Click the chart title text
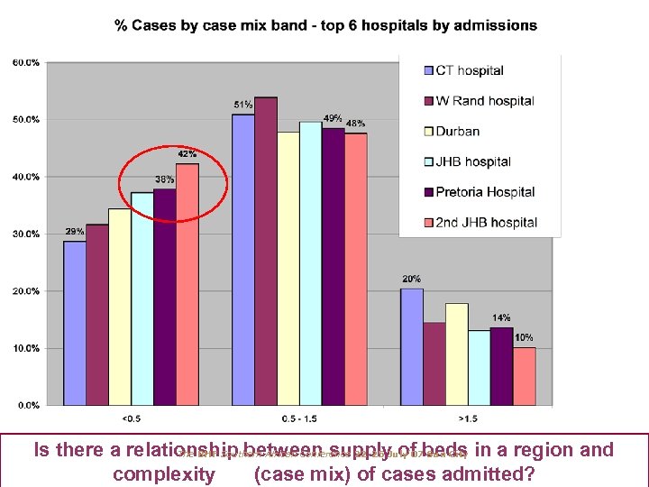point(325,25)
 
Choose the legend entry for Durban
point(457,131)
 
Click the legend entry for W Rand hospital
point(485,101)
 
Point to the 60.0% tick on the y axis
point(25,62)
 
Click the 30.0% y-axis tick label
point(25,234)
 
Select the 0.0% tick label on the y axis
point(27,405)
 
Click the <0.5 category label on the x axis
point(132,419)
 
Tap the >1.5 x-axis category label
point(468,419)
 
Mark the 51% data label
point(242,105)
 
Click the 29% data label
point(74,232)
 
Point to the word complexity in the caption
point(163,473)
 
